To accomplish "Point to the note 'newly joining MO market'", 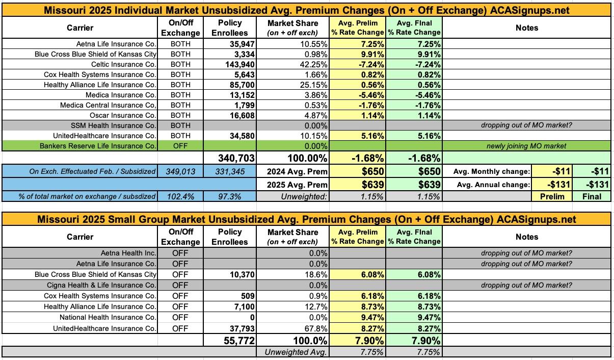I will tap(527, 146).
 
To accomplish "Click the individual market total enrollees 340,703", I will tap(229, 159).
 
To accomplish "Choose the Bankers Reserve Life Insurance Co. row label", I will tap(98, 146).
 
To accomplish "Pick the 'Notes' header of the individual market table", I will tap(526, 28).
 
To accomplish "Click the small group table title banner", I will tap(307, 219).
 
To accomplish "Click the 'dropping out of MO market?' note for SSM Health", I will tap(526, 125).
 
